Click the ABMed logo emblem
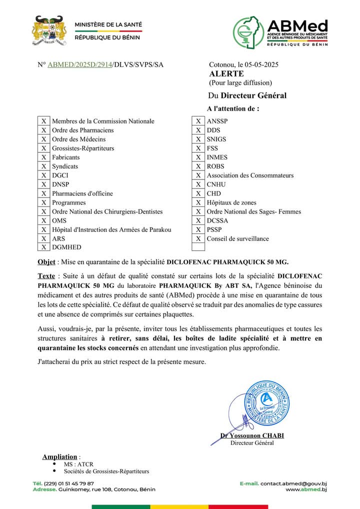(248, 31)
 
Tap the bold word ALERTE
(226, 74)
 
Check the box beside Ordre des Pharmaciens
(44, 130)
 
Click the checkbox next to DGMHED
(44, 247)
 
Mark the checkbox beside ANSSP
(198, 121)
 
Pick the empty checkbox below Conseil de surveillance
(198, 247)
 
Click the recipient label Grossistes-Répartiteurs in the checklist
(83, 148)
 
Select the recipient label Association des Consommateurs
(250, 175)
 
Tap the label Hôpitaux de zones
(231, 202)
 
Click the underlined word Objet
(46, 261)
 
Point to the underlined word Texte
(46, 276)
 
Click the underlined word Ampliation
(59, 456)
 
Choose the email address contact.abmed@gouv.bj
(293, 483)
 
